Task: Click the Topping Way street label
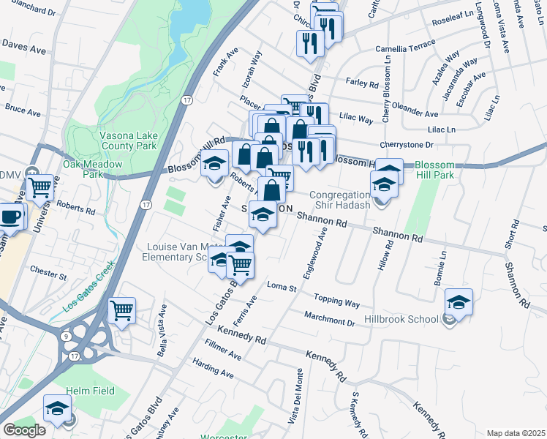coord(337,301)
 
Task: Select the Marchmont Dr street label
coord(330,318)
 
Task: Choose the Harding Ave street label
coord(213,368)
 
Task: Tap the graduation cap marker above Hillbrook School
coord(459,301)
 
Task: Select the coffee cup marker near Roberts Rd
coord(11,216)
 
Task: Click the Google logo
coord(24,430)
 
